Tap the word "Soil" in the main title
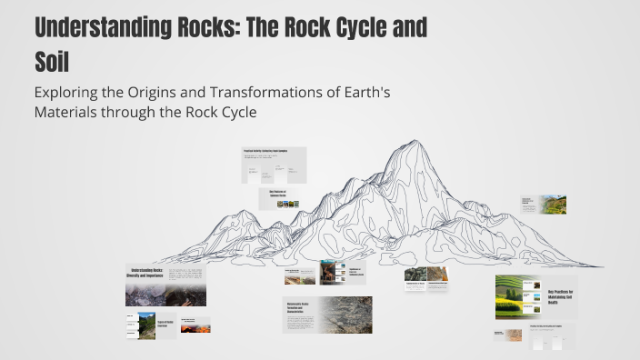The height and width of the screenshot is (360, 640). click(x=52, y=62)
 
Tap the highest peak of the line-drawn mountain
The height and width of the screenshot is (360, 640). click(x=414, y=143)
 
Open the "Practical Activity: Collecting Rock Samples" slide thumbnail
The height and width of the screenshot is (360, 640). click(x=274, y=165)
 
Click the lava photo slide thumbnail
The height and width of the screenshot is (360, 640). click(x=195, y=325)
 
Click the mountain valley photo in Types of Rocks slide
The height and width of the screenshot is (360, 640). click(x=145, y=325)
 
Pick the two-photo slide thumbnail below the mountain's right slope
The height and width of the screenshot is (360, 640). click(x=427, y=278)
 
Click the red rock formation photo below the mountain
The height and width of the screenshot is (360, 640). click(x=329, y=272)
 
